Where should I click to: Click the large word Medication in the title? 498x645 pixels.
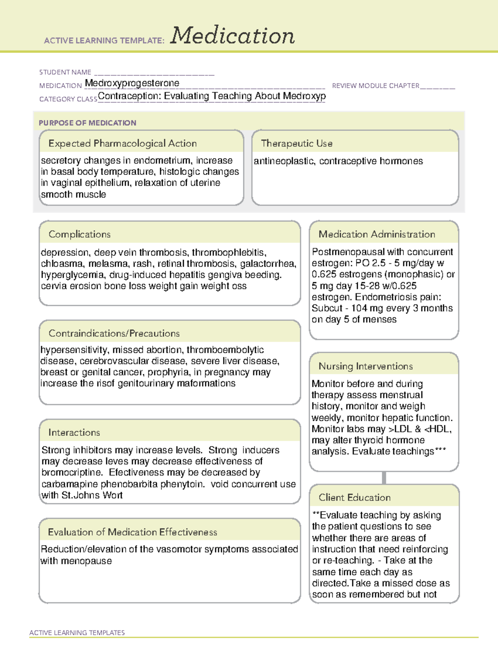232,36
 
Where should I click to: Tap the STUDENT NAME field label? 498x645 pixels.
65,72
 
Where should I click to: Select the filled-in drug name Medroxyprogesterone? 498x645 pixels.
132,83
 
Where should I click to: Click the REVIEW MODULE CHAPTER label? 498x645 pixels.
376,86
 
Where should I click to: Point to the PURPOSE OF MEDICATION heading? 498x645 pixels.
87,123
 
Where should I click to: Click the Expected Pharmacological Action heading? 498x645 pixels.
122,143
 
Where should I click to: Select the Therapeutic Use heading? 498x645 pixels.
296,143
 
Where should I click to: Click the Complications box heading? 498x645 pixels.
79,234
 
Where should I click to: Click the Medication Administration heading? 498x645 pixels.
376,234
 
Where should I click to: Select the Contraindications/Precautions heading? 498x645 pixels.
114,333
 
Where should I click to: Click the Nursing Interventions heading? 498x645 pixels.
365,366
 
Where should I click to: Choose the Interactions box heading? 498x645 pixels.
74,432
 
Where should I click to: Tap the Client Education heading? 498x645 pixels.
354,498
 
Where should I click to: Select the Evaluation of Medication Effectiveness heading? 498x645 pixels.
132,532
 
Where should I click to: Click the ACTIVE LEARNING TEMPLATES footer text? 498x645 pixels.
77,633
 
